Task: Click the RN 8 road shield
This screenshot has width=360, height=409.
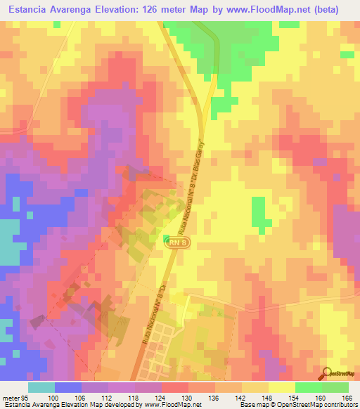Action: (177, 241)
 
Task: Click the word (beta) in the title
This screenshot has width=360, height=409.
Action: (339, 10)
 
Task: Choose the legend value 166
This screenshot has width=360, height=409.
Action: (347, 398)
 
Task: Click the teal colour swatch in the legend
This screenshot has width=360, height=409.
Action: (41, 387)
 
